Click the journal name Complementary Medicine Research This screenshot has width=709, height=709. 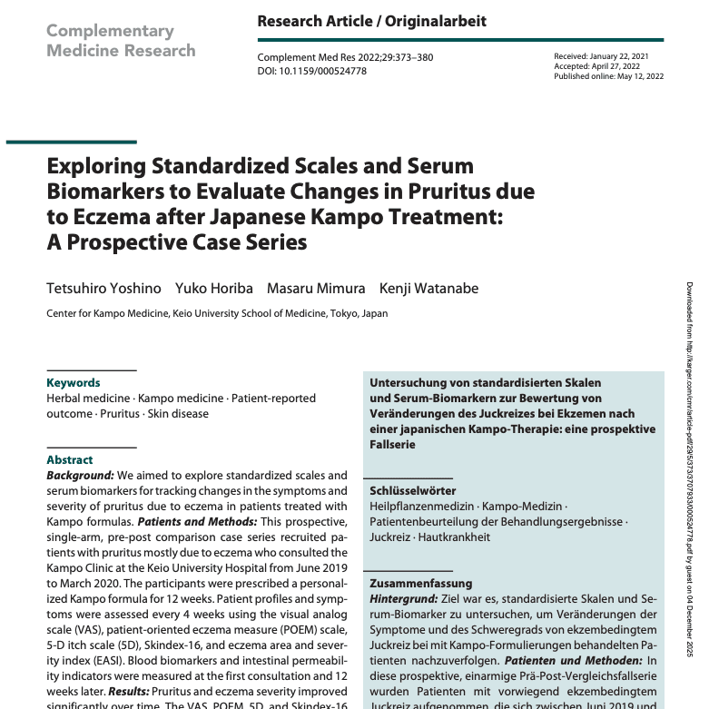121,40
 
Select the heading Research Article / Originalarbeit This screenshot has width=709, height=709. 371,21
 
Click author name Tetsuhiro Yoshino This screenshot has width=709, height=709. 103,289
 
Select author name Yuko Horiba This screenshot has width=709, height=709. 214,289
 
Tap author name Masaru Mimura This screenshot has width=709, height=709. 316,289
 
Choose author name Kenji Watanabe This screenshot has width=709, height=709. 428,289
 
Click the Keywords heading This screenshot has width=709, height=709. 74,383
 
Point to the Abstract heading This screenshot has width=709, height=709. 70,460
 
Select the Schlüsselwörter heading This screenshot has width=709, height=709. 412,490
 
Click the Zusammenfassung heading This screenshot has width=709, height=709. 421,558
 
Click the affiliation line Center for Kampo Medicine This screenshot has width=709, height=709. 217,314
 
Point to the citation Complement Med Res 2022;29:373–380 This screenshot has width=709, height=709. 345,57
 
